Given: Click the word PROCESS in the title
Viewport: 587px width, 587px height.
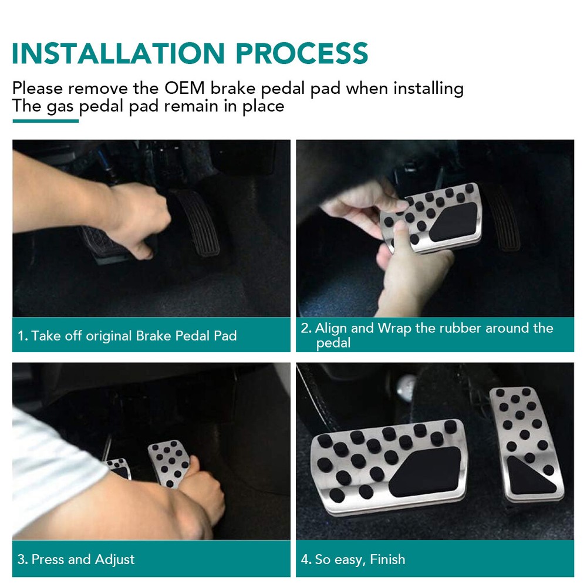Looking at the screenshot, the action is (302, 53).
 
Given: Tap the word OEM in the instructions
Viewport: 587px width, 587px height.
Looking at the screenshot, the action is (184, 89).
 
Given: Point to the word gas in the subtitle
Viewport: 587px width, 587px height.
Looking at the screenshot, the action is (60, 107).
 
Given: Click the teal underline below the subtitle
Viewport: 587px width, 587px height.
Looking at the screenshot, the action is (45, 120).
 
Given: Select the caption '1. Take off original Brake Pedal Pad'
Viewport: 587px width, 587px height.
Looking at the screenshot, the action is (127, 335).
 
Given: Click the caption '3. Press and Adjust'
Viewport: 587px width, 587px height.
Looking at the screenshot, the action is (76, 559).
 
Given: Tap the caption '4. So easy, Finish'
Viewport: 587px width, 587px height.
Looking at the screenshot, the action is (353, 559).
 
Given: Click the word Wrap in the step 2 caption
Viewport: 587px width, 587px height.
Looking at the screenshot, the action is (394, 328).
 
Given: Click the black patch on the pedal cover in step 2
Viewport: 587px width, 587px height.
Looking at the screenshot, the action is (454, 222).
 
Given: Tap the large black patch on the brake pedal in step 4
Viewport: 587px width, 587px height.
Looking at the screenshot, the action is (425, 472).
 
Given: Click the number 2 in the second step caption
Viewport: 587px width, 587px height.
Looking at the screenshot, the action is (305, 328).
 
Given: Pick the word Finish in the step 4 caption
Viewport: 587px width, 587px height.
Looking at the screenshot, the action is (387, 559).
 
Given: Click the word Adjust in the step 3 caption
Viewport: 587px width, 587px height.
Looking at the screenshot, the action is (114, 559).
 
